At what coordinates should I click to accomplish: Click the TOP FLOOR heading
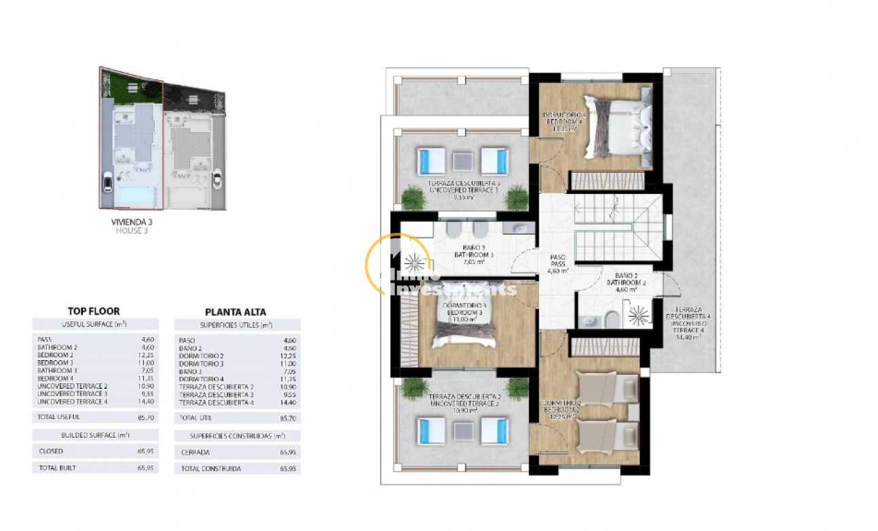coord(94,311)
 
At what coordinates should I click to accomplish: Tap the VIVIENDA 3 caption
coord(130,222)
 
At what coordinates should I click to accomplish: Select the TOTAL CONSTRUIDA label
coord(210,469)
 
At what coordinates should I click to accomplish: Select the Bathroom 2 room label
coord(622,281)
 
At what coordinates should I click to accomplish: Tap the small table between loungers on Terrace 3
coord(463,161)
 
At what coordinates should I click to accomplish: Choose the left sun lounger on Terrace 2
coord(432,430)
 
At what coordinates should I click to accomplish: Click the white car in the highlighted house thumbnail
coord(108,182)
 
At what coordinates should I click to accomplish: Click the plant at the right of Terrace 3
coord(517,197)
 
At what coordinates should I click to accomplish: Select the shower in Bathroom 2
coord(639,315)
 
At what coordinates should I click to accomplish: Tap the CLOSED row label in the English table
coord(51,451)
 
